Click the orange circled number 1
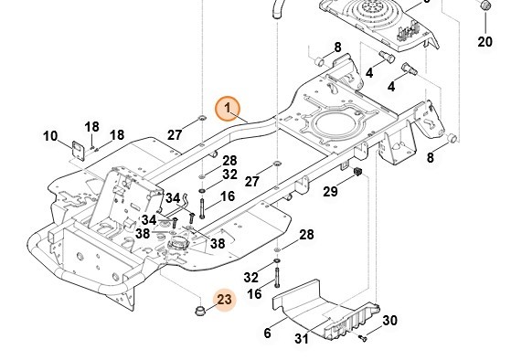pyautogui.click(x=228, y=109)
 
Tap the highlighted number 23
pyautogui.click(x=224, y=300)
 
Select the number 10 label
pyautogui.click(x=50, y=136)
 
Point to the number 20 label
pyautogui.click(x=484, y=42)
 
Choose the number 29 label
pyautogui.click(x=330, y=191)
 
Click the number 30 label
pyautogui.click(x=389, y=321)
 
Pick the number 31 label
pyautogui.click(x=302, y=339)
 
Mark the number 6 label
pyautogui.click(x=267, y=333)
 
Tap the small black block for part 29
pyautogui.click(x=358, y=172)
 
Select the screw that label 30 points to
pyautogui.click(x=362, y=338)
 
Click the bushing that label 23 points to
pyautogui.click(x=200, y=310)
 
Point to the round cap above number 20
pyautogui.click(x=485, y=5)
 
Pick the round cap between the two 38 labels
pyautogui.click(x=178, y=244)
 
